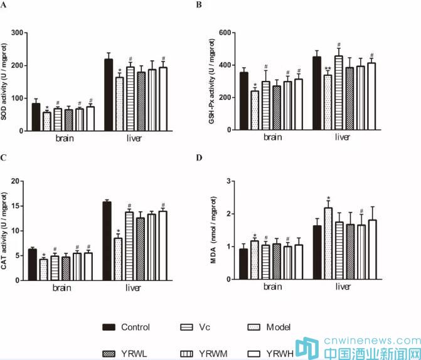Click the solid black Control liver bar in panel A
click(109, 95)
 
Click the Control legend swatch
click(110, 327)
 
